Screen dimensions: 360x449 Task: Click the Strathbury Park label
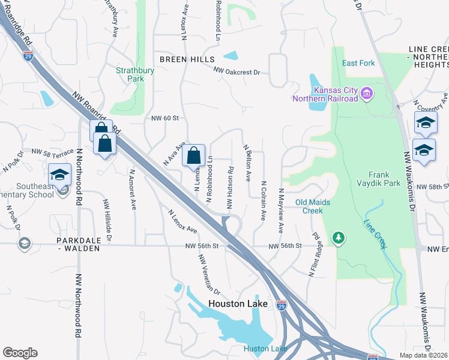[x=135, y=74]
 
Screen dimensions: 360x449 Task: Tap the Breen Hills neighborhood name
[x=186, y=59]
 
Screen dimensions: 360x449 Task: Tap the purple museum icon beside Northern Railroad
[x=367, y=92]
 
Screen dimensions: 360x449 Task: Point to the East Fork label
[x=354, y=64]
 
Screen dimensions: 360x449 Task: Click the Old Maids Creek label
[x=313, y=206]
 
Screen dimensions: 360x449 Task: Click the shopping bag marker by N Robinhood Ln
[x=193, y=156]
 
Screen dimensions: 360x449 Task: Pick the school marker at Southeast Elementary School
[x=60, y=175]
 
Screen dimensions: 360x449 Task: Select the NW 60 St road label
[x=166, y=119]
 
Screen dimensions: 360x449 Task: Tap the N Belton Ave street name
[x=247, y=163]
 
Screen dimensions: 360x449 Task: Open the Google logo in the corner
[x=20, y=353]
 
